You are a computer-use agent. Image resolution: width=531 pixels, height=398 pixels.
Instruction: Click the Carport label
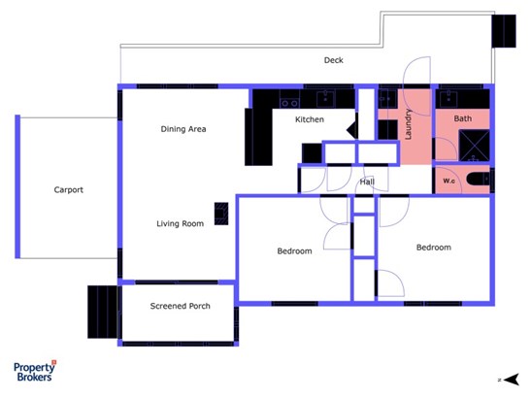click(x=68, y=189)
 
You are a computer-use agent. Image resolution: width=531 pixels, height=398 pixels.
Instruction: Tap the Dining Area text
click(x=183, y=129)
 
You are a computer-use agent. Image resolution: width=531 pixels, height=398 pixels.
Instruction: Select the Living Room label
click(x=181, y=223)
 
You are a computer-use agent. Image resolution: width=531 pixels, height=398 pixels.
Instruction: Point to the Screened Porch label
click(x=181, y=306)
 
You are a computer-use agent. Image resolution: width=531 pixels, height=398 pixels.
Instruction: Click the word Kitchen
click(x=310, y=119)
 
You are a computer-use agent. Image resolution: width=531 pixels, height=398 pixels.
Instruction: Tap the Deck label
click(x=334, y=60)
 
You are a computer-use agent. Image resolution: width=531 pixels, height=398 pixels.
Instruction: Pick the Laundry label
click(x=408, y=124)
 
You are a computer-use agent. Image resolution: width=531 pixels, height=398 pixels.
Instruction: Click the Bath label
click(x=463, y=118)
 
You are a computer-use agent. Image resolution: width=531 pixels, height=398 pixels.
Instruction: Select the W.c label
click(x=448, y=181)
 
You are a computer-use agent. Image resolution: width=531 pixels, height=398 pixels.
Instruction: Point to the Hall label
click(x=367, y=182)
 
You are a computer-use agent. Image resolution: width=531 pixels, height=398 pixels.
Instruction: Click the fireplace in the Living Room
click(x=221, y=214)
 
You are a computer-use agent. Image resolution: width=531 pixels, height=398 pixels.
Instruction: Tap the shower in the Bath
click(x=474, y=146)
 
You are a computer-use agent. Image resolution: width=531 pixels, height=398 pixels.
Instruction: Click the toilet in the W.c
click(x=479, y=179)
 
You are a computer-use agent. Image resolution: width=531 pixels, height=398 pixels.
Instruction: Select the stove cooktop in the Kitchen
click(x=290, y=103)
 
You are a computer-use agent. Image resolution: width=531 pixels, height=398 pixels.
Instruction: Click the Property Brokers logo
click(x=35, y=371)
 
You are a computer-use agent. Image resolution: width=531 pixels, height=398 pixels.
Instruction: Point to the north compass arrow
click(x=511, y=380)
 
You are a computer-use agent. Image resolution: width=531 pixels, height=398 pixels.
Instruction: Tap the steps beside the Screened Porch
click(x=103, y=312)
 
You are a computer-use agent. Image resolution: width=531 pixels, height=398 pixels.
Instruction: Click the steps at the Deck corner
click(x=504, y=31)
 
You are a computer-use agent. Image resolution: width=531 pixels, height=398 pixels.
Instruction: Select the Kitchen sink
click(x=325, y=99)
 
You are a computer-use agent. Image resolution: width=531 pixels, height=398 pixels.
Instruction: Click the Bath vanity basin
click(x=448, y=100)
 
